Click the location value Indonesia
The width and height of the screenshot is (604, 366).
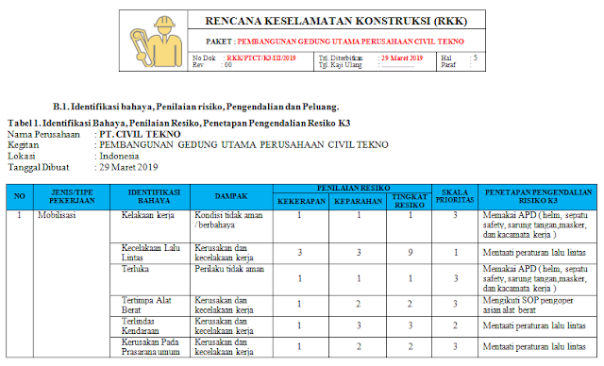click(123, 156)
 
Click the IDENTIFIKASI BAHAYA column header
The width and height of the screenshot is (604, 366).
click(154, 195)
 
